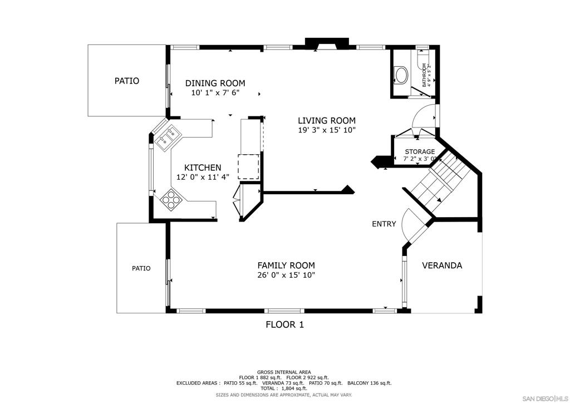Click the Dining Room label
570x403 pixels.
(x=215, y=83)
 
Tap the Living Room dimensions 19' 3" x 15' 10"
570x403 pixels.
(x=326, y=130)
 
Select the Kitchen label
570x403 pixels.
(x=203, y=168)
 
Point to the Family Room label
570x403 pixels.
(x=286, y=266)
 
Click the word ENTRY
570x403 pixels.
(x=384, y=224)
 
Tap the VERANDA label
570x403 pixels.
(x=442, y=266)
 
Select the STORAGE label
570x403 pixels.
(x=420, y=151)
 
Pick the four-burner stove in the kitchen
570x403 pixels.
(x=171, y=199)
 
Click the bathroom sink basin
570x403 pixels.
(x=401, y=75)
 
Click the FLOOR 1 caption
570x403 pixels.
(x=284, y=324)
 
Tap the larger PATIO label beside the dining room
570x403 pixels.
(x=127, y=81)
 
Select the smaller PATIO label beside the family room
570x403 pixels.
(x=141, y=268)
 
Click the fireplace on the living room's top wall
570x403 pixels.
(x=327, y=43)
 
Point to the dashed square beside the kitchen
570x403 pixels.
(x=249, y=166)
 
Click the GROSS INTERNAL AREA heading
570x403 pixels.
(x=284, y=372)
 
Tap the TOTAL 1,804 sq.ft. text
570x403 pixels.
(x=284, y=388)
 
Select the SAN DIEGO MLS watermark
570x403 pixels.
(x=545, y=399)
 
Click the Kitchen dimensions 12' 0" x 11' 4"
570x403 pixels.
(x=203, y=178)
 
